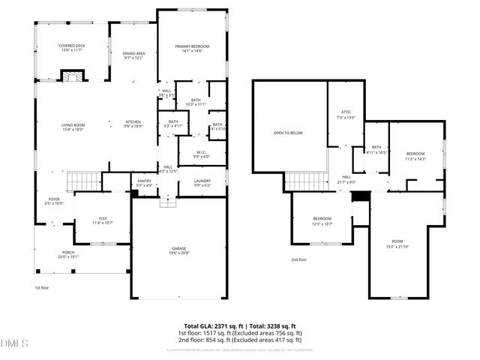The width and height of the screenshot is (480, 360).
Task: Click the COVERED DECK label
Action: click(x=72, y=46)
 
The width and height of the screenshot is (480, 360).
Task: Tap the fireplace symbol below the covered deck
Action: click(x=73, y=76)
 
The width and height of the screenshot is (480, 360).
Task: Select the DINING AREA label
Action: click(x=133, y=54)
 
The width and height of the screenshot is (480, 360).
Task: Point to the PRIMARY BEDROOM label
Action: click(x=192, y=47)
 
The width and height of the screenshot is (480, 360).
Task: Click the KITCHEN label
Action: click(x=133, y=122)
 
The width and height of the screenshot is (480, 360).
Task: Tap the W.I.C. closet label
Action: click(x=202, y=153)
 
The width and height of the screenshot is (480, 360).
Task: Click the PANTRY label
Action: click(x=144, y=181)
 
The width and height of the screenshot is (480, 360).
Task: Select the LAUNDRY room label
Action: click(x=202, y=181)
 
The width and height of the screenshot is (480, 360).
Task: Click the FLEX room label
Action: click(x=103, y=219)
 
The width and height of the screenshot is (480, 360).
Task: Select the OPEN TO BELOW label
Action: click(x=288, y=132)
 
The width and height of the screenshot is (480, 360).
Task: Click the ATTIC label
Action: click(x=346, y=112)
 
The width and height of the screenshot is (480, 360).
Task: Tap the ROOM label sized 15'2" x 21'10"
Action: click(x=397, y=242)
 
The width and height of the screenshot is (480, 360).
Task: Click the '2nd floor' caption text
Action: click(x=299, y=260)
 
